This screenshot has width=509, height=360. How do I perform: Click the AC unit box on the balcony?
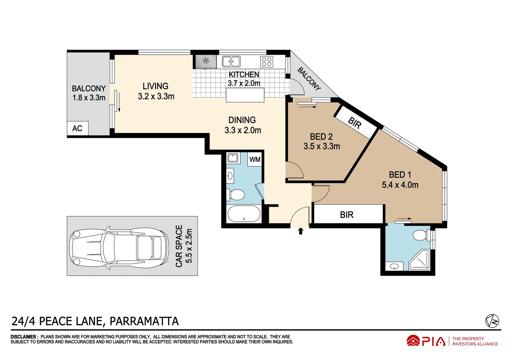(x=77, y=128)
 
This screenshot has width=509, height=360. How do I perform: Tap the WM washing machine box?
(x=255, y=159)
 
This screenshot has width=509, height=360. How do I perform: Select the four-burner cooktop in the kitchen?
(x=267, y=62)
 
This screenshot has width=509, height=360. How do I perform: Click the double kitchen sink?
(x=231, y=62)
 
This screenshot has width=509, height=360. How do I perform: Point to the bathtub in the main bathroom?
(x=244, y=214)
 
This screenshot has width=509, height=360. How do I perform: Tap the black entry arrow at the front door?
(x=300, y=231)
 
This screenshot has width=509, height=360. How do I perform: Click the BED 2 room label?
(x=321, y=137)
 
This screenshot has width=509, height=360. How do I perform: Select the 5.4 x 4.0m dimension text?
(x=400, y=185)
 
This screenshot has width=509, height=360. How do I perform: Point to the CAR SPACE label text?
(x=179, y=246)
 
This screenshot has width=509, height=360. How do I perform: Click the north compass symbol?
(x=492, y=321)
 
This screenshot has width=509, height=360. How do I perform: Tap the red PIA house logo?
(x=413, y=341)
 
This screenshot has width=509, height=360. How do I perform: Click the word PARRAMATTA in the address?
(x=144, y=321)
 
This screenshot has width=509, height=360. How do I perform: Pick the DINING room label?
(x=242, y=120)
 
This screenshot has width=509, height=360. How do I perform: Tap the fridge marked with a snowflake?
(x=205, y=61)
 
